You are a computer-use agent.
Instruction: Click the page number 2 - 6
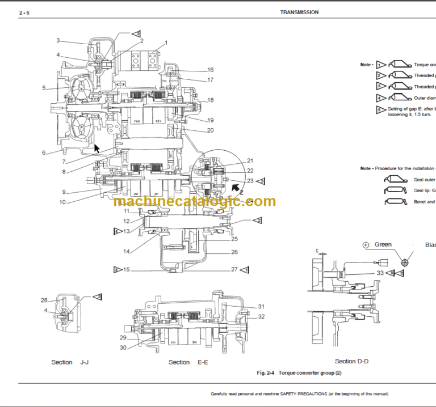pyautogui.click(x=24, y=12)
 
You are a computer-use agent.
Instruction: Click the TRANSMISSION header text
pyautogui.click(x=299, y=12)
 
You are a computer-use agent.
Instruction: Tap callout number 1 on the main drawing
pyautogui.click(x=166, y=43)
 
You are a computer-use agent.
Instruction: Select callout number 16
pyautogui.click(x=210, y=70)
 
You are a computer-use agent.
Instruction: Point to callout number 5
pyautogui.click(x=44, y=88)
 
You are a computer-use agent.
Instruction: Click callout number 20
pyautogui.click(x=210, y=130)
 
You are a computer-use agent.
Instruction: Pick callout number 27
pyautogui.click(x=234, y=269)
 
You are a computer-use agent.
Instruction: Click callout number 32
pyautogui.click(x=261, y=316)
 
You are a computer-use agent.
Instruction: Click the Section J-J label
pyautogui.click(x=70, y=362)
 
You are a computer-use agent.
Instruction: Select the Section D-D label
pyautogui.click(x=353, y=361)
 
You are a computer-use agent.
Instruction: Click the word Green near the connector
pyautogui.click(x=383, y=245)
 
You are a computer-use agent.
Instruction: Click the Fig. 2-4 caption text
pyautogui.click(x=299, y=373)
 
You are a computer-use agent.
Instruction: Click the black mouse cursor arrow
pyautogui.click(x=97, y=149)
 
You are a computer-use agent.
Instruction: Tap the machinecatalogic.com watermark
pyautogui.click(x=194, y=201)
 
